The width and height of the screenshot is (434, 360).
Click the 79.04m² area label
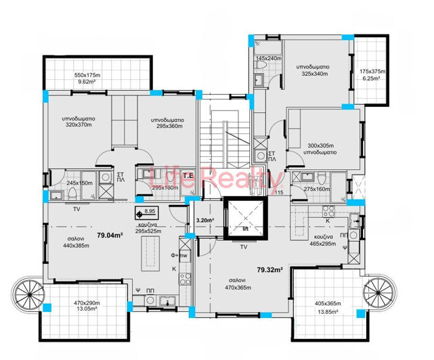[109, 235]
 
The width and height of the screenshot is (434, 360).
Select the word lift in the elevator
[246, 229]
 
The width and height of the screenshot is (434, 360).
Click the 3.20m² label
[204, 220]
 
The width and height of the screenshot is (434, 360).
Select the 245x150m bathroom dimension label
[80, 183]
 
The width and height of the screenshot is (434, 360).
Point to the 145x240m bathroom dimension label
[267, 59]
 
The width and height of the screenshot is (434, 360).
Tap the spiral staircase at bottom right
[378, 294]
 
